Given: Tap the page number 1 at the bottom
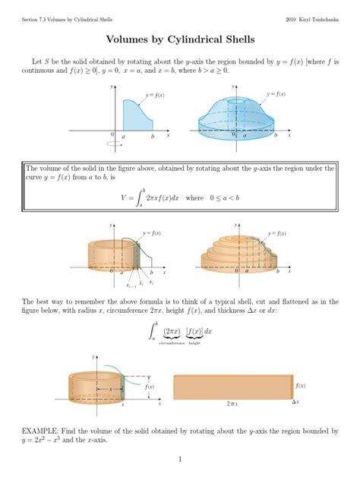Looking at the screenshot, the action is point(180,459).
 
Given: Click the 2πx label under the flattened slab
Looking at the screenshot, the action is point(232,405).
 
